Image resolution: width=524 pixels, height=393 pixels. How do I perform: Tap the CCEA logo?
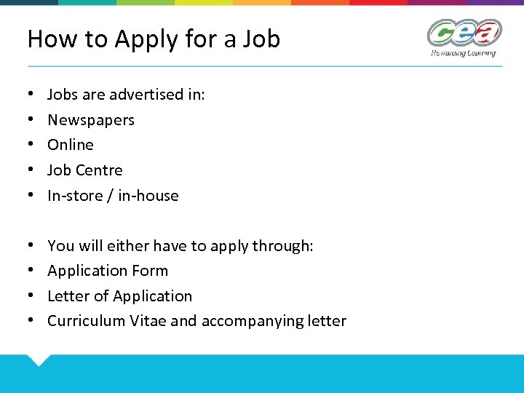(x=464, y=33)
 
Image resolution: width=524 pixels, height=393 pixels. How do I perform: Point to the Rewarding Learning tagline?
(x=463, y=53)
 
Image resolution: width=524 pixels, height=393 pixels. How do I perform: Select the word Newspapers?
(x=91, y=120)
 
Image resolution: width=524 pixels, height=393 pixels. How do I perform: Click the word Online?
(x=71, y=145)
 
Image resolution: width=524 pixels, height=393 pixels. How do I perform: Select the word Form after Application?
(x=150, y=271)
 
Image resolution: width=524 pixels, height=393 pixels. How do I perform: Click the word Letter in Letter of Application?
(x=67, y=296)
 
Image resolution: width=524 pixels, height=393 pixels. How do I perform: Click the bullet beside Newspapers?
(x=31, y=120)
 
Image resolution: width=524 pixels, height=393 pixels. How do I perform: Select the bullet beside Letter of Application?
(x=31, y=296)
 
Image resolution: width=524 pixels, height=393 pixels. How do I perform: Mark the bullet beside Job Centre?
(x=31, y=170)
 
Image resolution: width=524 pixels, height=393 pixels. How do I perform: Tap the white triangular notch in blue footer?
(x=37, y=359)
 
